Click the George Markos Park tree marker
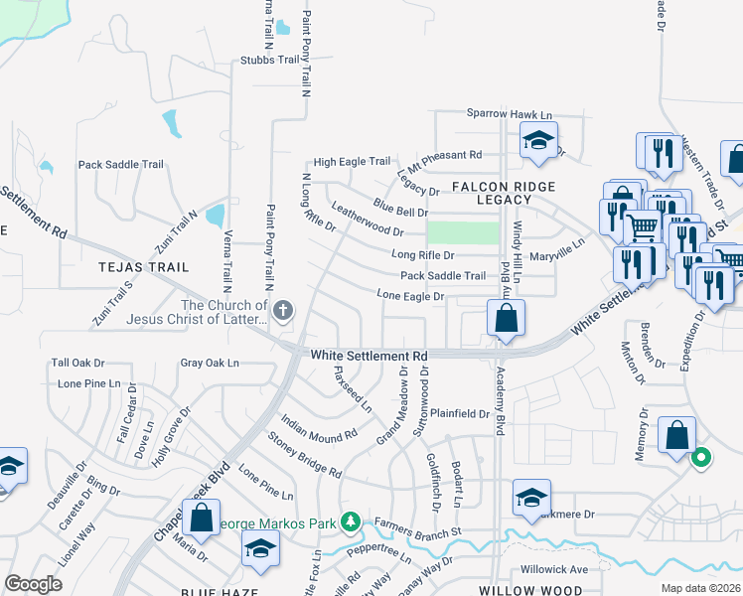(349, 521)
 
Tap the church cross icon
(282, 312)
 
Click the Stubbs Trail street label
(269, 60)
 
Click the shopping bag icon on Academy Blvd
(506, 319)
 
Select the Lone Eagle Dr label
(409, 295)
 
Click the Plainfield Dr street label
(459, 413)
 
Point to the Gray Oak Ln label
(210, 364)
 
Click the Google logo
(34, 584)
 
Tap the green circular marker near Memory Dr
(700, 458)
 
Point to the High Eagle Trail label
(352, 161)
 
